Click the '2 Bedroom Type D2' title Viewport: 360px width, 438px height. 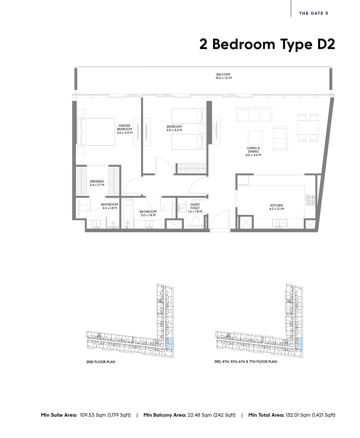[267, 44]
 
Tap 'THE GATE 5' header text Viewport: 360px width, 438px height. [313, 13]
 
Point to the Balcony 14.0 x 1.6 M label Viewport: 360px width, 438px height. [223, 76]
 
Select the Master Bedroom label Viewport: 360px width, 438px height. [124, 129]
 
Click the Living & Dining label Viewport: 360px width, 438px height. [253, 151]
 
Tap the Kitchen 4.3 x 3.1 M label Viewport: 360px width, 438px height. [276, 207]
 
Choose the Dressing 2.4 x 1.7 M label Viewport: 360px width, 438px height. [97, 183]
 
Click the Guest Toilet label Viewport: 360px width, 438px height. [195, 208]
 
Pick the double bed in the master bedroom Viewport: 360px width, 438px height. [96, 132]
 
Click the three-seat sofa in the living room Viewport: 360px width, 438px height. [254, 114]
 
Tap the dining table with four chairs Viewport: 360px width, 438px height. [308, 127]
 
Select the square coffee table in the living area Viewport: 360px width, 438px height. [255, 138]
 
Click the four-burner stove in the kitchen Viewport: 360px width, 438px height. [310, 200]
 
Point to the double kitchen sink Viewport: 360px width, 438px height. [280, 223]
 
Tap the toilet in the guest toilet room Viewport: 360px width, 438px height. [195, 221]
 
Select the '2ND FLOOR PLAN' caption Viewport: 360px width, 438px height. [100, 362]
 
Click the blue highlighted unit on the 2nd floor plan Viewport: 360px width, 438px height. [170, 343]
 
